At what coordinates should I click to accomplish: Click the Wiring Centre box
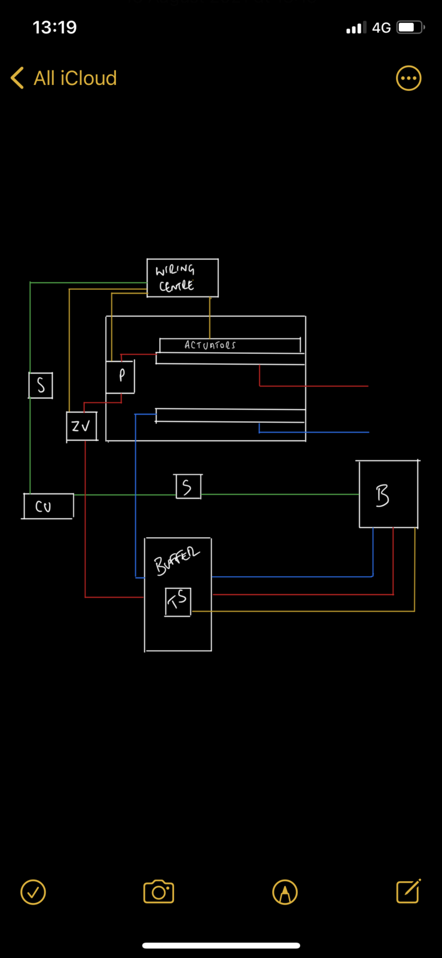click(182, 278)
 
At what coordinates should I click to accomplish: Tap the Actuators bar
click(230, 345)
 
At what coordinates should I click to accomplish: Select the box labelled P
click(120, 377)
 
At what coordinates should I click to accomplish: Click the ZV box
click(81, 426)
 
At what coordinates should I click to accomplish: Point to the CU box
click(48, 507)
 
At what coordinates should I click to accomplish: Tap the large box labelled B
click(388, 495)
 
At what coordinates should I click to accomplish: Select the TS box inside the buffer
click(178, 602)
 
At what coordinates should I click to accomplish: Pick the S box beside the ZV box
click(41, 385)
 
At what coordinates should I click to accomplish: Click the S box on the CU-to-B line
click(188, 487)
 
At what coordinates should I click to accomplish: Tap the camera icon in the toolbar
click(158, 892)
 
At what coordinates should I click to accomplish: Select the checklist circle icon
click(33, 892)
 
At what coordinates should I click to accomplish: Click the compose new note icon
click(409, 891)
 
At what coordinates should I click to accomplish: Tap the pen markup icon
click(285, 892)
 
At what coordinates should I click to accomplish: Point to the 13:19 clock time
click(55, 27)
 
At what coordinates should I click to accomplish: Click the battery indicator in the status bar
click(410, 27)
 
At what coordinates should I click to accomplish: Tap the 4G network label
click(381, 28)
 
